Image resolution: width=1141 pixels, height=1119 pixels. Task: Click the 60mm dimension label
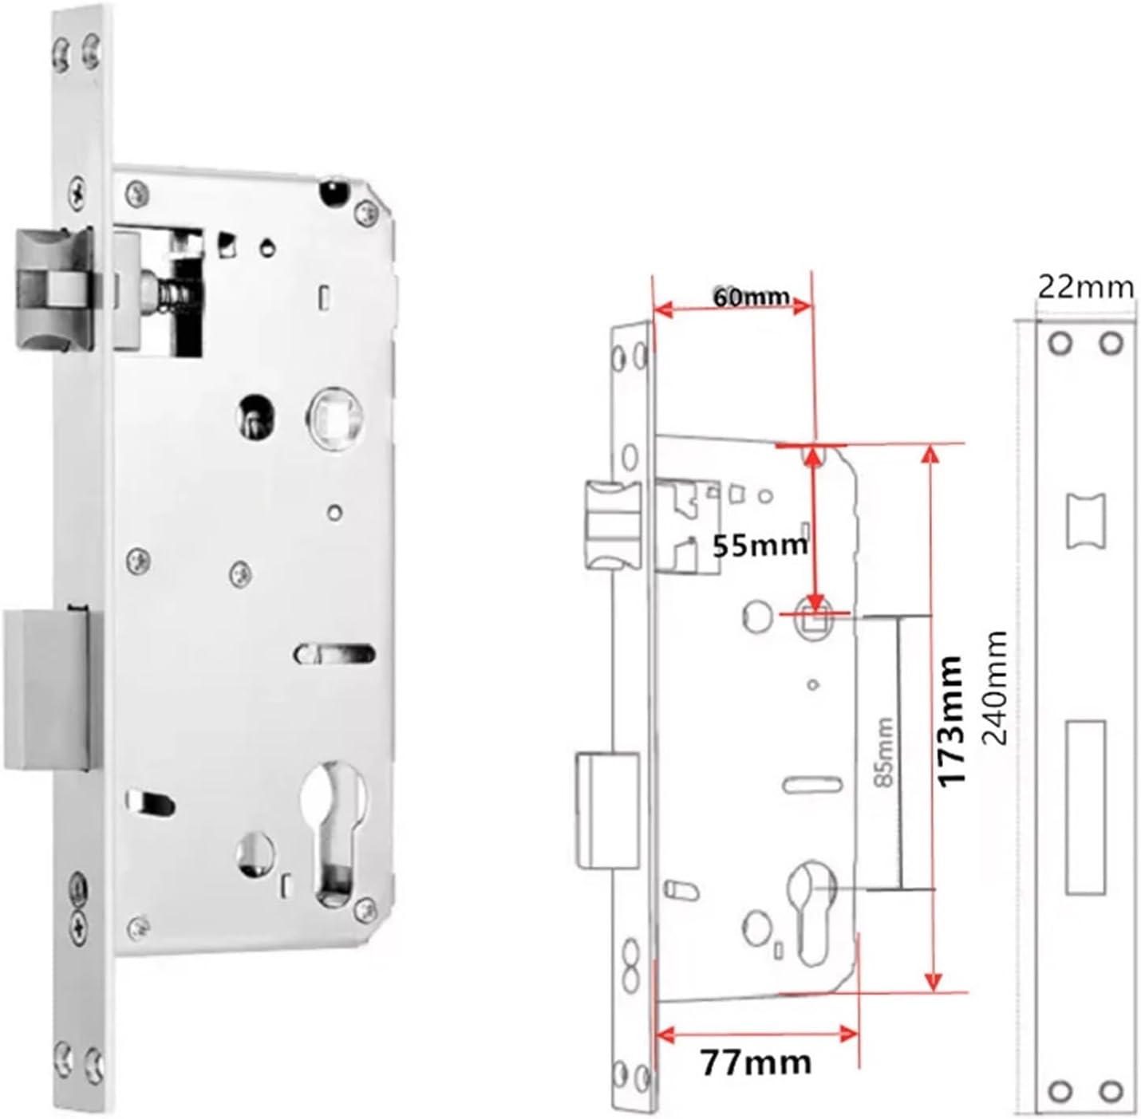(750, 297)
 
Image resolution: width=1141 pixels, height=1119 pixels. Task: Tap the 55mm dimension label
(759, 546)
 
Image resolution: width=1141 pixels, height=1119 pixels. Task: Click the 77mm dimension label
(755, 1062)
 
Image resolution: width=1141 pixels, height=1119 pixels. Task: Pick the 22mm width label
(1085, 286)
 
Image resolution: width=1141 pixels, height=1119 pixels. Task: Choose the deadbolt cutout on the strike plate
(1085, 806)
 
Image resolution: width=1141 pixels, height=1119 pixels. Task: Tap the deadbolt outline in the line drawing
(607, 810)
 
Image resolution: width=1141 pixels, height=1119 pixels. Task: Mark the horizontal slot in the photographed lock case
(335, 654)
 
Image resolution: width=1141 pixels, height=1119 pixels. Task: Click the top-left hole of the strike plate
(1060, 343)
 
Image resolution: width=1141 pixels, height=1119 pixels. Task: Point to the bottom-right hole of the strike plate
(1111, 1089)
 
